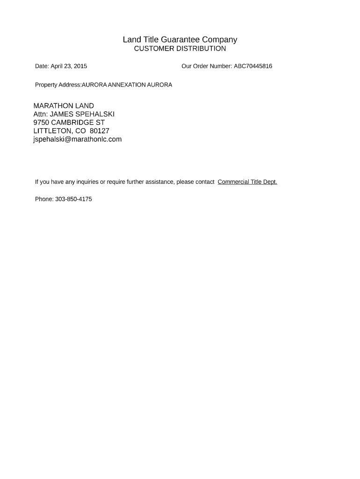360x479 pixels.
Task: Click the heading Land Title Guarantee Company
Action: coord(180,40)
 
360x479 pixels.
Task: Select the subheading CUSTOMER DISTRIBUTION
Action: coord(180,49)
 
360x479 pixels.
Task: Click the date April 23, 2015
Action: coord(69,66)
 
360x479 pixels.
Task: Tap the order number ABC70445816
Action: coord(253,66)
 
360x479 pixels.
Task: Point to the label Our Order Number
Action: coord(206,66)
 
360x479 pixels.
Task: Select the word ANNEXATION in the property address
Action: coord(127,85)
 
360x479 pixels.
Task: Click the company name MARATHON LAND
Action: coord(64,106)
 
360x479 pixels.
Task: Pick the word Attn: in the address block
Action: coord(41,114)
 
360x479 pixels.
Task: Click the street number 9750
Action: coord(41,123)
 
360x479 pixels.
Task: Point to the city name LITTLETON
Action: coord(52,131)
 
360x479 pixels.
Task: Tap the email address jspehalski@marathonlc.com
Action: coord(78,139)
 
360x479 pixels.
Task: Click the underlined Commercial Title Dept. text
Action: coord(247,182)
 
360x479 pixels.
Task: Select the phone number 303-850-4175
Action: coord(73,199)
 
